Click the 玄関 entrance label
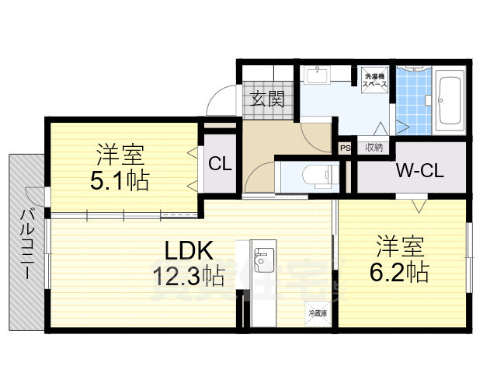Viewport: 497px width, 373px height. tap(267, 99)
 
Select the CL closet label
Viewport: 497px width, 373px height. tap(220, 165)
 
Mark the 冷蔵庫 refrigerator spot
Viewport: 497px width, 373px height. tap(318, 314)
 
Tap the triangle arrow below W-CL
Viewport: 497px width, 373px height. tap(418, 206)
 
